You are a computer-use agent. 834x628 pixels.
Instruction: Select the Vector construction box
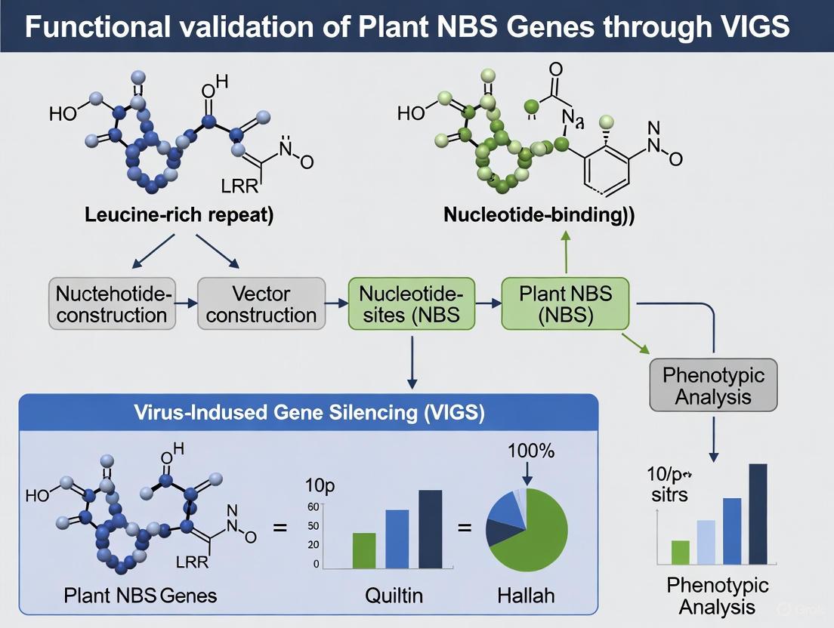261,303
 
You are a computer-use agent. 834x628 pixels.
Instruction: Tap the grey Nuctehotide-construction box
112,303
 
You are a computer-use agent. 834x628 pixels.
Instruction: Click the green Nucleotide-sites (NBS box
411,303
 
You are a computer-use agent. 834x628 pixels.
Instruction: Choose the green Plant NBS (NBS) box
564,303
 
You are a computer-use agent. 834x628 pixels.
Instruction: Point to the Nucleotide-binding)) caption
539,213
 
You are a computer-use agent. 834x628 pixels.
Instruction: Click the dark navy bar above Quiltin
430,528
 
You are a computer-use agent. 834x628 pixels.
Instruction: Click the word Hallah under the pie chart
526,595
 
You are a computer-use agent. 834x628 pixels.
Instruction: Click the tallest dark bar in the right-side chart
758,513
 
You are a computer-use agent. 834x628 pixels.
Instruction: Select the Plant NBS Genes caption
140,595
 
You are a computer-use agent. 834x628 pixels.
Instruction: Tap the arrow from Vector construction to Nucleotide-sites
336,303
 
